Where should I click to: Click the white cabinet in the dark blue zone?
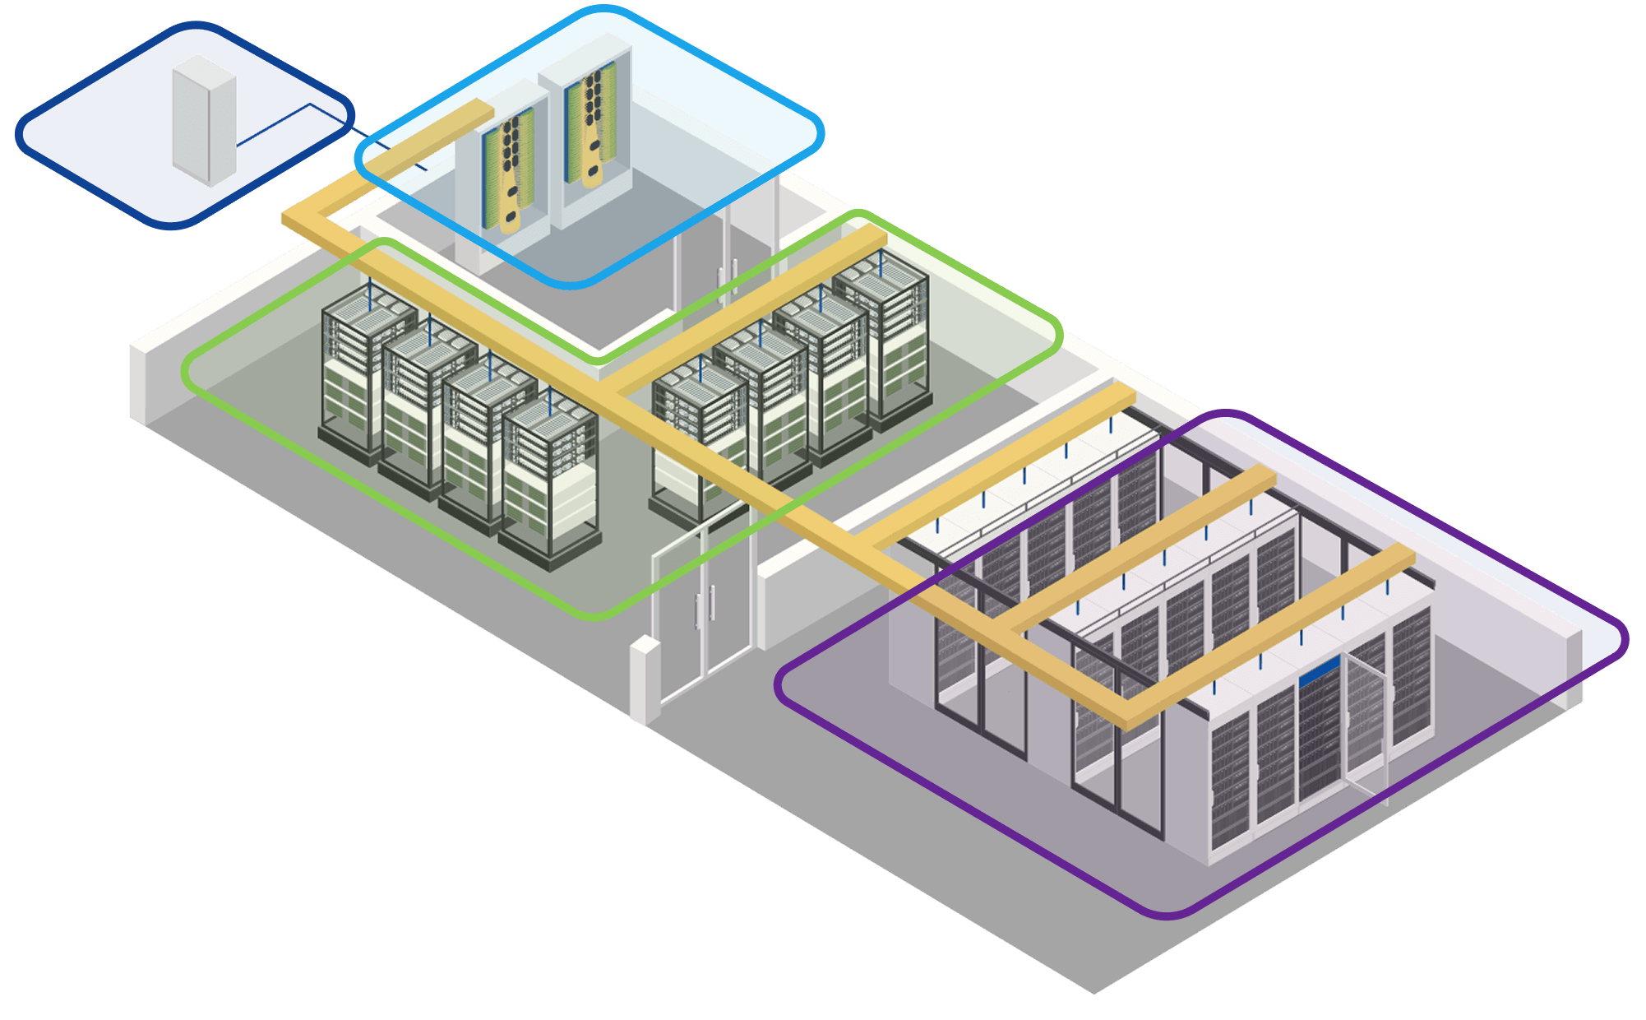(x=204, y=120)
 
